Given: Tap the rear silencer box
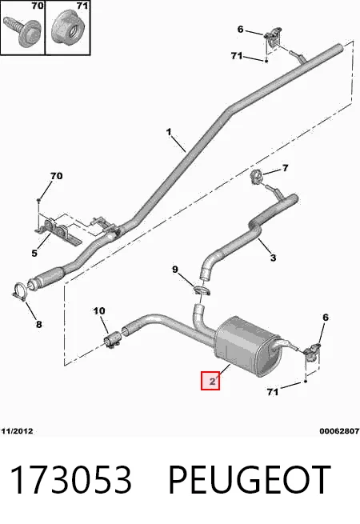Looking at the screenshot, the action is tap(246, 346).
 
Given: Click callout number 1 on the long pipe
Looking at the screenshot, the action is tap(169, 132).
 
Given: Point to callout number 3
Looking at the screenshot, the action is tap(273, 258).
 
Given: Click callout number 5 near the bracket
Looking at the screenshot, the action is tap(34, 254).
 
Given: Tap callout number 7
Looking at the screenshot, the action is tap(285, 168).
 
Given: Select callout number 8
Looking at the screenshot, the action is tap(38, 324).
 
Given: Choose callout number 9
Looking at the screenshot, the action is tap(175, 269).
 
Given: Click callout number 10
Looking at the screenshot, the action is tap(99, 311).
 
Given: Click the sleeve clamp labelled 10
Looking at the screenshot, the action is tap(112, 340).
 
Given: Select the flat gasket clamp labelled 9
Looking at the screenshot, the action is tap(202, 290).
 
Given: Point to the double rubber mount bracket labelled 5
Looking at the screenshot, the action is tap(56, 230).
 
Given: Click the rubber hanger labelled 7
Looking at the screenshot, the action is tap(257, 176).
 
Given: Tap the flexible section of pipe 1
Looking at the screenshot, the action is tap(50, 276).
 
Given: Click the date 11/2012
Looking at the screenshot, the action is tap(18, 431).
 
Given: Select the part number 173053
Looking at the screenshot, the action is tap(71, 480).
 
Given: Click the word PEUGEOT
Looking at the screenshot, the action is tap(250, 480).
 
